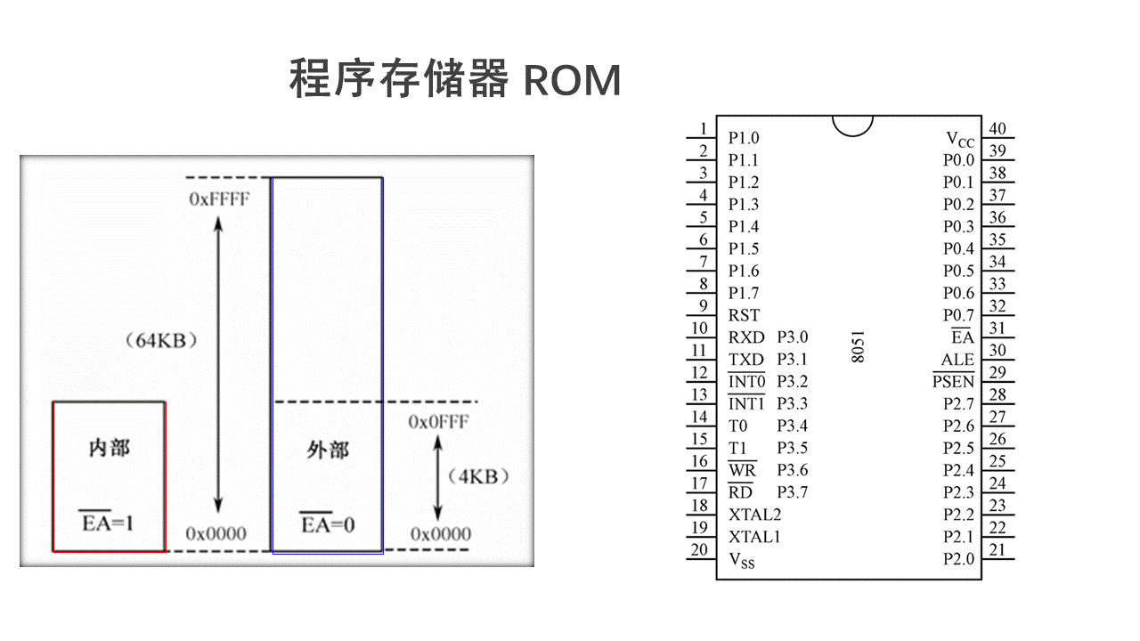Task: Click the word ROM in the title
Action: (572, 80)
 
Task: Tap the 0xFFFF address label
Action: (219, 199)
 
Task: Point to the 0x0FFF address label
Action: (438, 422)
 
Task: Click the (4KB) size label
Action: (479, 476)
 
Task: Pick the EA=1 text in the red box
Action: (108, 523)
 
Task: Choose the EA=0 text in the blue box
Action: (327, 524)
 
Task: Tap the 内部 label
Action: (109, 448)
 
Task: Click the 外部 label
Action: (327, 450)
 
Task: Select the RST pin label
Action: (744, 315)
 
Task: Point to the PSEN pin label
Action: (953, 382)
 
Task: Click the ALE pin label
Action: (957, 360)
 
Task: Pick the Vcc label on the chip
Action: (959, 139)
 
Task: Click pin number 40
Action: (997, 129)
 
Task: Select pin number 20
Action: (700, 549)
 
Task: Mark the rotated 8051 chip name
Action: (858, 347)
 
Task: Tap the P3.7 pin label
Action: (792, 492)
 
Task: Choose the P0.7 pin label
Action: (958, 315)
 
